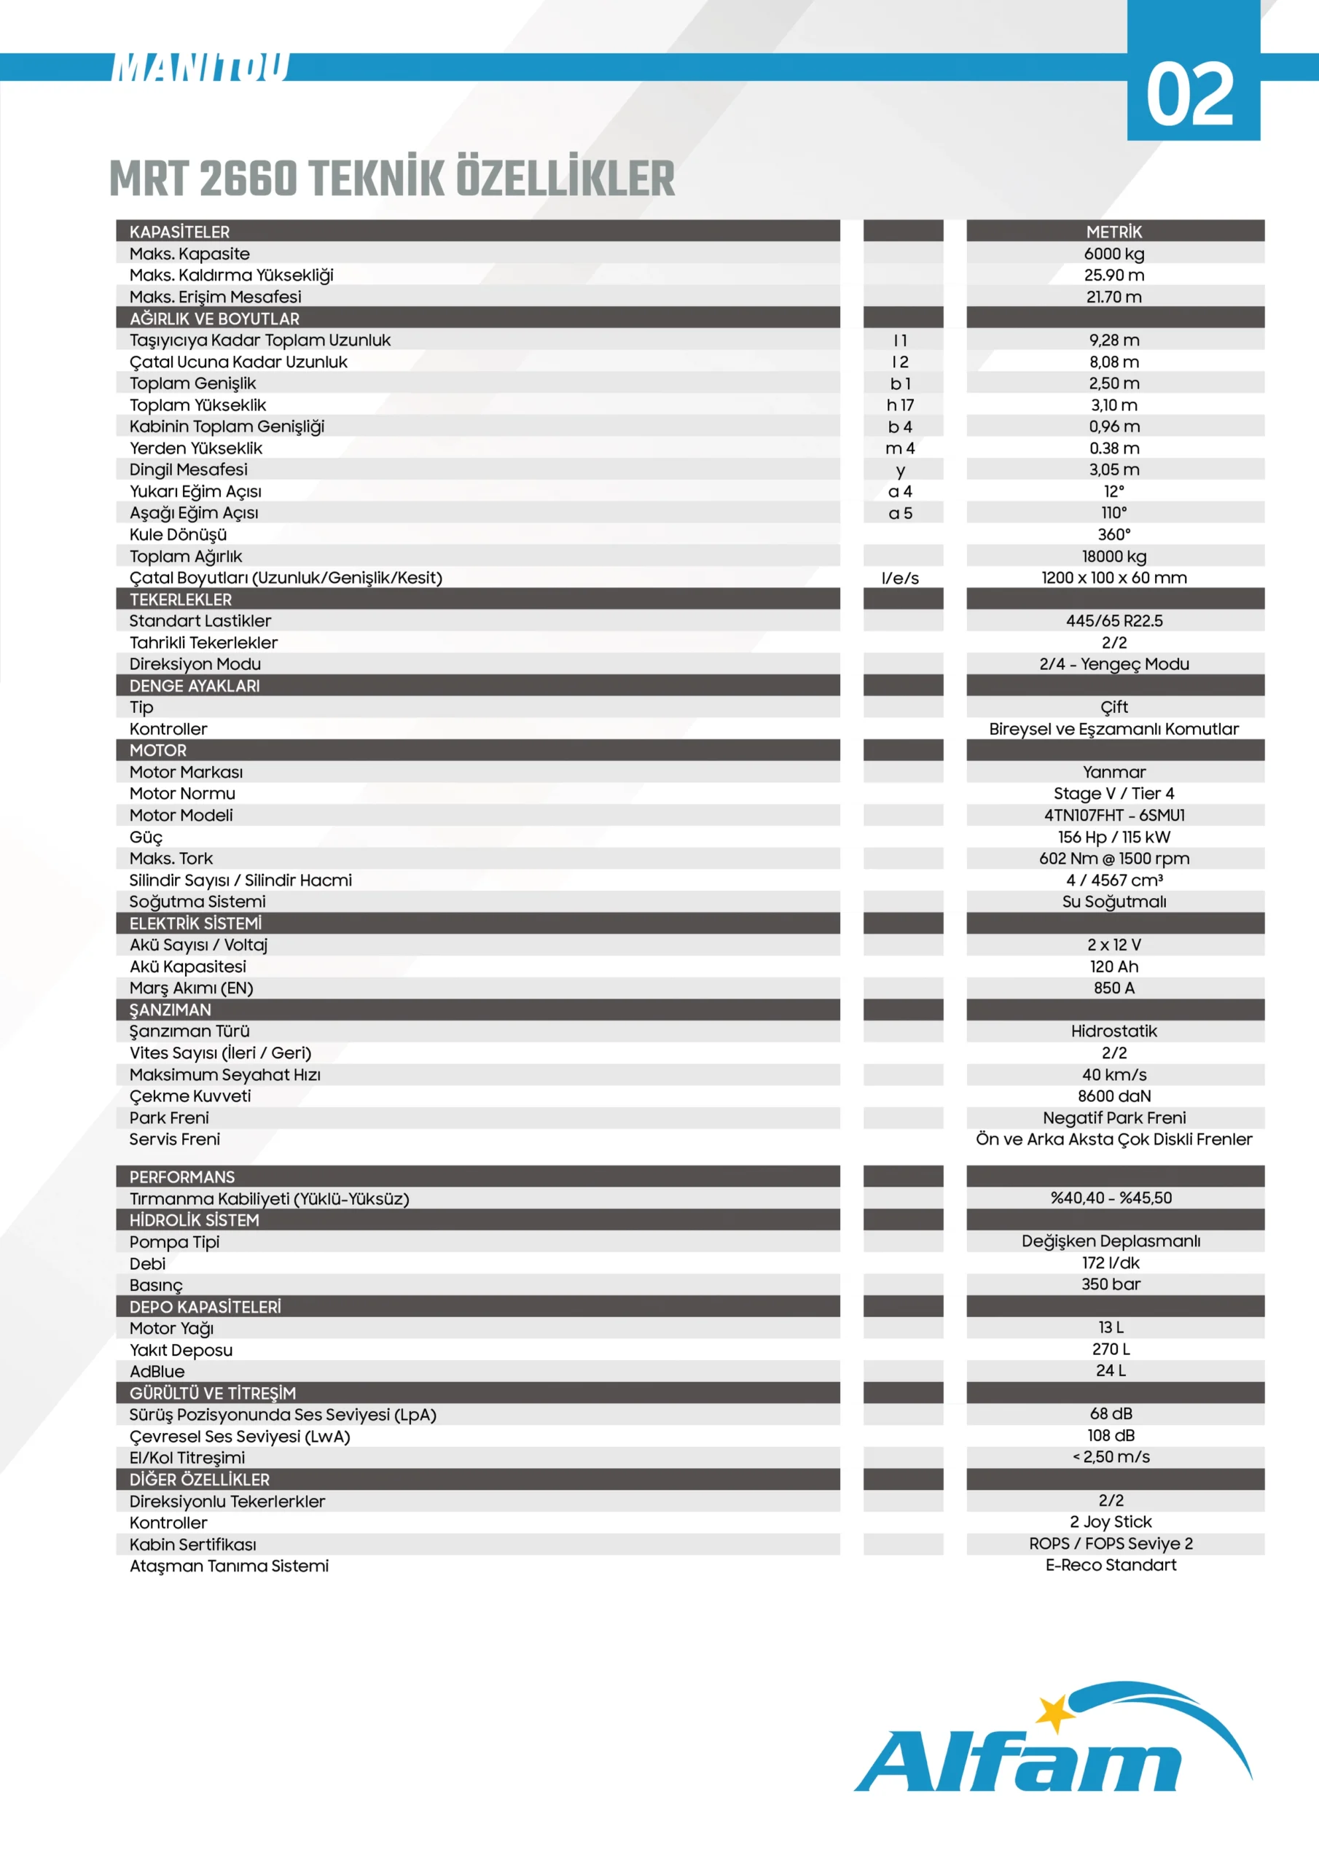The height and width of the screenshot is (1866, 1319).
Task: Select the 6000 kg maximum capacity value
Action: pyautogui.click(x=1113, y=254)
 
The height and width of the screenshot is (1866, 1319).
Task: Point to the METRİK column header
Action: pyautogui.click(x=1113, y=232)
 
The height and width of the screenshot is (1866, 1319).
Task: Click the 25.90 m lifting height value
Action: pyautogui.click(x=1113, y=275)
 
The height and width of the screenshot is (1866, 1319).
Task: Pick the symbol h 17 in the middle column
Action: pyautogui.click(x=901, y=405)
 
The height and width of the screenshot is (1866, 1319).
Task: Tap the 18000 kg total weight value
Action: pyautogui.click(x=1113, y=556)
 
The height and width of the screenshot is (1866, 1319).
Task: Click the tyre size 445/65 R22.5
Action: pyautogui.click(x=1113, y=621)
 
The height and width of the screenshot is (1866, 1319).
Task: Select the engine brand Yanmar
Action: pyautogui.click(x=1113, y=772)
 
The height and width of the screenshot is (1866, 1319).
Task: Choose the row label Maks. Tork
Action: pyautogui.click(x=171, y=858)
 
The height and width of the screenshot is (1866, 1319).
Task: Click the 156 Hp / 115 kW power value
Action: pyautogui.click(x=1113, y=836)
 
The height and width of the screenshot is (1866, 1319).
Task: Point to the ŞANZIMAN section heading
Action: pyautogui.click(x=170, y=1010)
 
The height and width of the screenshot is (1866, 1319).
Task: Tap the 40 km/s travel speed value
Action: pyautogui.click(x=1113, y=1074)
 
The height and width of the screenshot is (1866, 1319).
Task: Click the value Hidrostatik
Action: pyautogui.click(x=1113, y=1031)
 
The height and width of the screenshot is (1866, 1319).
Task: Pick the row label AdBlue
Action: pyautogui.click(x=157, y=1371)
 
